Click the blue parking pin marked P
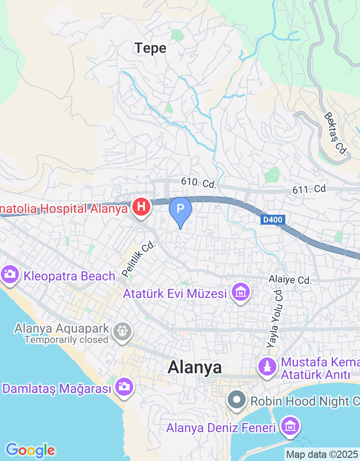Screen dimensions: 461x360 [180, 209]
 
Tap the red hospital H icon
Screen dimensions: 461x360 [141, 207]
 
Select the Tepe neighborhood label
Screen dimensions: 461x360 [150, 48]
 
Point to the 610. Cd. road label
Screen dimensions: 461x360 [199, 183]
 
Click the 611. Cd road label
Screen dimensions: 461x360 [309, 189]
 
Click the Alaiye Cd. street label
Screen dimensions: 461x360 [290, 280]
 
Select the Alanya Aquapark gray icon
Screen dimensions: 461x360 [122, 331]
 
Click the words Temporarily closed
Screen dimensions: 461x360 [66, 340]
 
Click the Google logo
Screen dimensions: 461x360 [30, 450]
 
